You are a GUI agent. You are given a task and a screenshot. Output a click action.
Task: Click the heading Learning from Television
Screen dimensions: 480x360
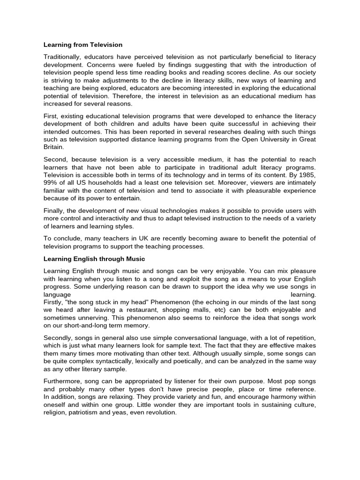tap(83, 45)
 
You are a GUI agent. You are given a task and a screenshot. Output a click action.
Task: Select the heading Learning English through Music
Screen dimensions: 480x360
tap(94, 259)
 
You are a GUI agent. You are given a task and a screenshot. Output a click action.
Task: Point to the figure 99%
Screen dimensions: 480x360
tap(51, 183)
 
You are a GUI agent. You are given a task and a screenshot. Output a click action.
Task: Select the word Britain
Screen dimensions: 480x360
tap(54, 147)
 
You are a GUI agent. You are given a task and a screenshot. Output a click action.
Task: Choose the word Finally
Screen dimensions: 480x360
tap(54, 211)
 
